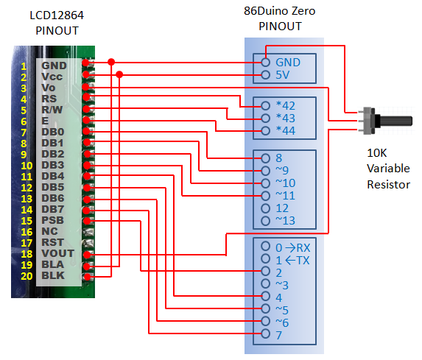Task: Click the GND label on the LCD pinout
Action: pyautogui.click(x=54, y=66)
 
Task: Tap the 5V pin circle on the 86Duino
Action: pyautogui.click(x=265, y=75)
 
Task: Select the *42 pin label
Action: pyautogui.click(x=286, y=105)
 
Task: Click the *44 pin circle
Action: pyautogui.click(x=265, y=131)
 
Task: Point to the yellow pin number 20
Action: pyautogui.click(x=27, y=276)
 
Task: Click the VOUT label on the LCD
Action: pyautogui.click(x=57, y=253)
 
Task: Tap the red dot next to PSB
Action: pyautogui.click(x=87, y=221)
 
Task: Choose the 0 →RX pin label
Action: pyautogui.click(x=293, y=248)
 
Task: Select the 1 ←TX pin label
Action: pyautogui.click(x=293, y=260)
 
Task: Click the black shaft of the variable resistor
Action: pyautogui.click(x=395, y=121)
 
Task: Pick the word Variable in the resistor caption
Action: pyautogui.click(x=388, y=169)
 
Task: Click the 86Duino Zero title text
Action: pyautogui.click(x=280, y=11)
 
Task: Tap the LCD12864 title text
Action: pyautogui.click(x=57, y=15)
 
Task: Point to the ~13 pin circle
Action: pyautogui.click(x=265, y=221)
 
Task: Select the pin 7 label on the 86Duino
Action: pyautogui.click(x=279, y=335)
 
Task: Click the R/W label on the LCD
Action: pyautogui.click(x=52, y=110)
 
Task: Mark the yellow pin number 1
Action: pyautogui.click(x=24, y=66)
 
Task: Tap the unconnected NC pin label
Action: pyautogui.click(x=49, y=231)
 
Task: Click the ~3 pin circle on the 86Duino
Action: pyautogui.click(x=265, y=283)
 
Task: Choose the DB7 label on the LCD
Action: pyautogui.click(x=53, y=209)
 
